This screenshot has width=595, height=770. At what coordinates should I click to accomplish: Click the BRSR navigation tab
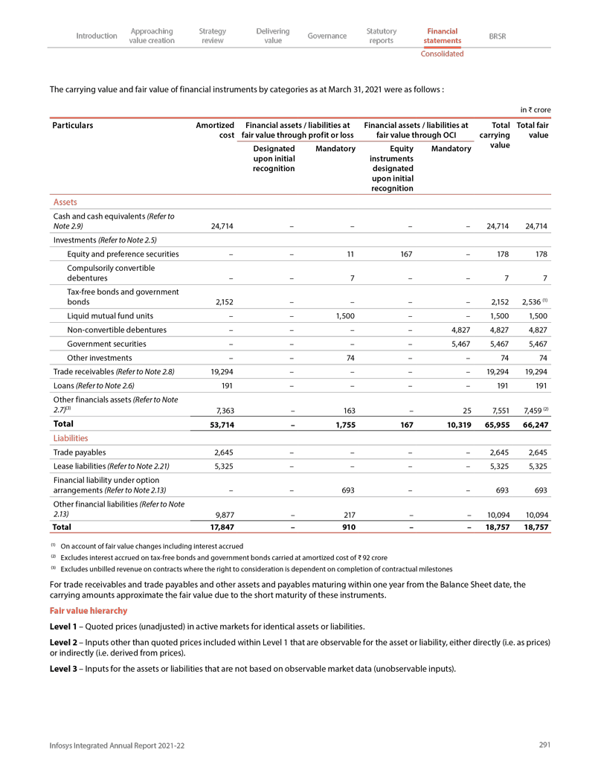tap(498, 36)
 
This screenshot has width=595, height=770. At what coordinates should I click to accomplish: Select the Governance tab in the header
tap(327, 36)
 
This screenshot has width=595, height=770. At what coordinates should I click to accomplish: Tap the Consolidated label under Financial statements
tap(442, 54)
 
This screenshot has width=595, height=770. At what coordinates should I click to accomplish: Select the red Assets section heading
tap(65, 202)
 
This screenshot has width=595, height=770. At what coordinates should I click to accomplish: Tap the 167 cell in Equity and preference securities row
tap(406, 254)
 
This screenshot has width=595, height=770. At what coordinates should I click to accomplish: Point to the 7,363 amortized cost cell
tap(221, 410)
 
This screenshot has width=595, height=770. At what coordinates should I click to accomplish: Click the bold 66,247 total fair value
tap(534, 425)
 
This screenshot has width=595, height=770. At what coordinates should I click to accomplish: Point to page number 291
tap(544, 745)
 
